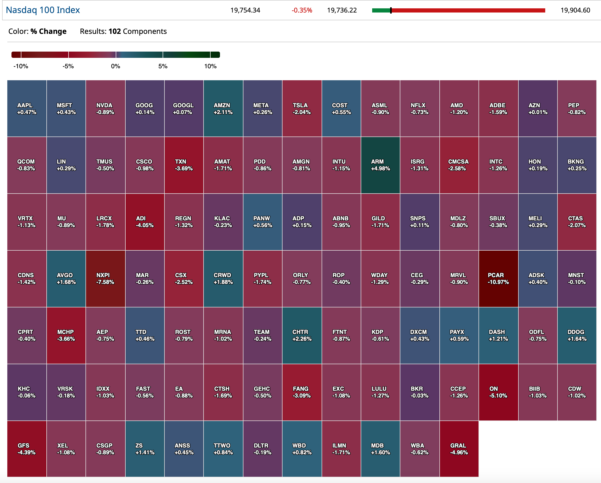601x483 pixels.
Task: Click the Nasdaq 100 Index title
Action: point(43,10)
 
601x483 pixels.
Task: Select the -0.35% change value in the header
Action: point(302,10)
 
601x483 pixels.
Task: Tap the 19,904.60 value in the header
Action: point(575,10)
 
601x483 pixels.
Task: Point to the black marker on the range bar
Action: point(391,11)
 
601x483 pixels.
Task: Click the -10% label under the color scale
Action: point(21,66)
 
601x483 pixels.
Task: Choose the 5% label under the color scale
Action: point(163,66)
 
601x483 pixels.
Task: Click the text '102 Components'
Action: point(137,31)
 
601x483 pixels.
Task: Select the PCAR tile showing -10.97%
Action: point(498,278)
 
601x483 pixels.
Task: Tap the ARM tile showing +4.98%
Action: point(380,165)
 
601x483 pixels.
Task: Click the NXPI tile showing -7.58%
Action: point(105,278)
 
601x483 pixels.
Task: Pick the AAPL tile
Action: point(27,108)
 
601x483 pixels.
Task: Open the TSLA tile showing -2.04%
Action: point(302,108)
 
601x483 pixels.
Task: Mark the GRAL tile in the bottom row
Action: point(459,449)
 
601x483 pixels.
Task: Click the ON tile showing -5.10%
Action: point(498,392)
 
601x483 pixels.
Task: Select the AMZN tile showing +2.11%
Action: point(223,108)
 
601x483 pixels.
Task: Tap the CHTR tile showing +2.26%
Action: point(302,335)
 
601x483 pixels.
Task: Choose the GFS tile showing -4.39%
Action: point(27,449)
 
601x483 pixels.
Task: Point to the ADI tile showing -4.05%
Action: point(144,222)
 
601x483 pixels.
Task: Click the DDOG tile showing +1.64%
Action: point(577,335)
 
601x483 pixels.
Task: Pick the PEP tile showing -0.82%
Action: point(577,108)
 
